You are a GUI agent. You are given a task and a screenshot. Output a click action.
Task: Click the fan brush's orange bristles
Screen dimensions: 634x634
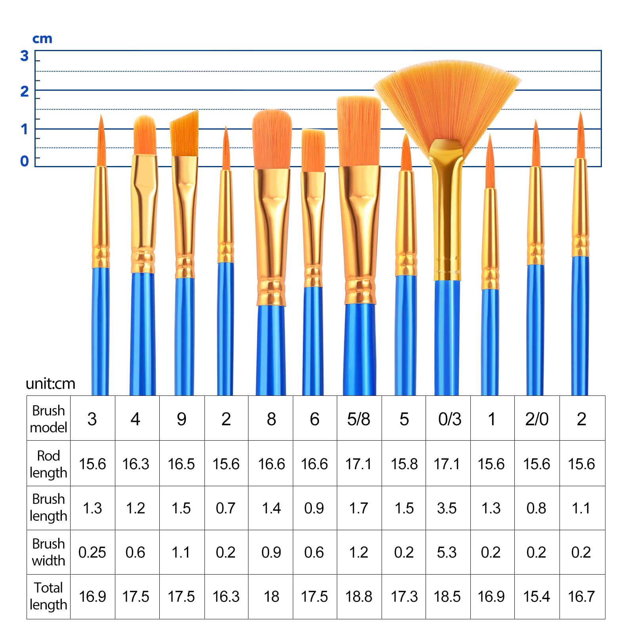coord(447,99)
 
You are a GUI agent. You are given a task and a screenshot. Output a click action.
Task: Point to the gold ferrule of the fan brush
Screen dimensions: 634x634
coord(447,206)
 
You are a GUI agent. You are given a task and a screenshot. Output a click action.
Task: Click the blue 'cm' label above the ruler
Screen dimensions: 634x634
coord(42,39)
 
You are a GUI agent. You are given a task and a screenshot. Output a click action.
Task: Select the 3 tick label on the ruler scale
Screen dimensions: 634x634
coord(25,56)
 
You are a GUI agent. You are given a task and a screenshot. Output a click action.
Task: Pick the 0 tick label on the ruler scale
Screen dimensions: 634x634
coord(25,161)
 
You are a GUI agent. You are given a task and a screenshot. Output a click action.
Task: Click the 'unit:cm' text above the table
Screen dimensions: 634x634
coord(50,384)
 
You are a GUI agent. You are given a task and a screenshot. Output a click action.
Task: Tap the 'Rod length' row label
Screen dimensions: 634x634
coord(48,464)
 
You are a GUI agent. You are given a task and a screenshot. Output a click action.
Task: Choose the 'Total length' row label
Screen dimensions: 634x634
coord(48,596)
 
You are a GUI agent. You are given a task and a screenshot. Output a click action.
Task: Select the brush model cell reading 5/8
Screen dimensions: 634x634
coord(359,419)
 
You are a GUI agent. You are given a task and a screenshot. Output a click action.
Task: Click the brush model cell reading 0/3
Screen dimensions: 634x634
coord(450,419)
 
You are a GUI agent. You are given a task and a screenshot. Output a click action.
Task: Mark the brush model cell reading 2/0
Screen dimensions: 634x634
coord(537,419)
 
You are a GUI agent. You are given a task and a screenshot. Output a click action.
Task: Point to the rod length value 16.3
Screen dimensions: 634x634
coord(136,464)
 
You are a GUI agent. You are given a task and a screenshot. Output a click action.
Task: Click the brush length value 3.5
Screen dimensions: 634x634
coord(447,508)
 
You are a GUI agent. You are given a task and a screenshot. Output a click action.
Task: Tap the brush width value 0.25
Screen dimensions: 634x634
coord(92,552)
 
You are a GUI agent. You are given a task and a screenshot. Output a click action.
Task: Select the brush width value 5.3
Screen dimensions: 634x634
coord(447,552)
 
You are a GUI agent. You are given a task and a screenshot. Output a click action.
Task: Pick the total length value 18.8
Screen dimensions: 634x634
coord(359,596)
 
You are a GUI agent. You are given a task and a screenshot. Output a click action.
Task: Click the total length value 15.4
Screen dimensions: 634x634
coord(537,596)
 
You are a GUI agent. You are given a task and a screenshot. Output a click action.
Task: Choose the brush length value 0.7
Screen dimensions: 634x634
coord(225,508)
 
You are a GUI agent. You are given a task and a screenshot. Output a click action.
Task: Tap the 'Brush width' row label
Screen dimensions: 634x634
coord(48,552)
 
